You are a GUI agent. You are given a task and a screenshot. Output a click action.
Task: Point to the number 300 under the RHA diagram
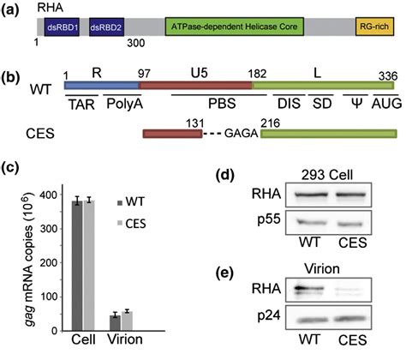(134, 44)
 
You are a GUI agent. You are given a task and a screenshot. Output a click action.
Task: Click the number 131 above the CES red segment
(193, 123)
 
